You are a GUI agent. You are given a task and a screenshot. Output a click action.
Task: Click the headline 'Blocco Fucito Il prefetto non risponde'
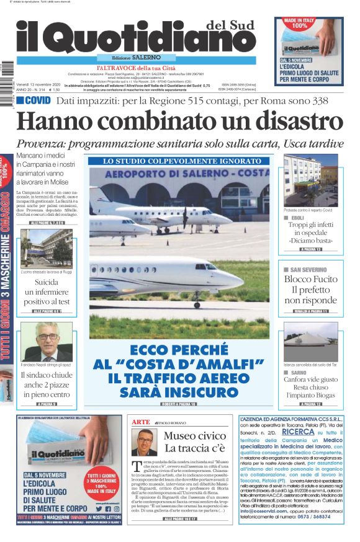[x=310, y=290]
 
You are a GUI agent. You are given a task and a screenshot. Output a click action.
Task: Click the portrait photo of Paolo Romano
[x=144, y=442]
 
